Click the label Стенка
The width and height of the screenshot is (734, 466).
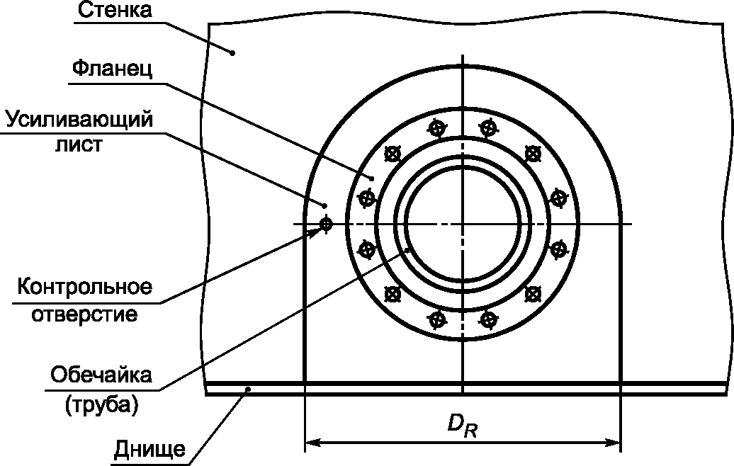(115, 10)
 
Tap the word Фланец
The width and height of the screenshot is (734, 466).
(112, 69)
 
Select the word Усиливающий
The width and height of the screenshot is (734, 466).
(79, 120)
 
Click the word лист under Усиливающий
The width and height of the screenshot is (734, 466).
(79, 144)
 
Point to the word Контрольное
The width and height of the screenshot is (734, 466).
(85, 287)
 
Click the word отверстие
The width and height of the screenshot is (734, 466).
(85, 314)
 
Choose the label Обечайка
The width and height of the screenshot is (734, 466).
(101, 375)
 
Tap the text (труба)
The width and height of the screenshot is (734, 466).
(101, 405)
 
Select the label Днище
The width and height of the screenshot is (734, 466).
(149, 450)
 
